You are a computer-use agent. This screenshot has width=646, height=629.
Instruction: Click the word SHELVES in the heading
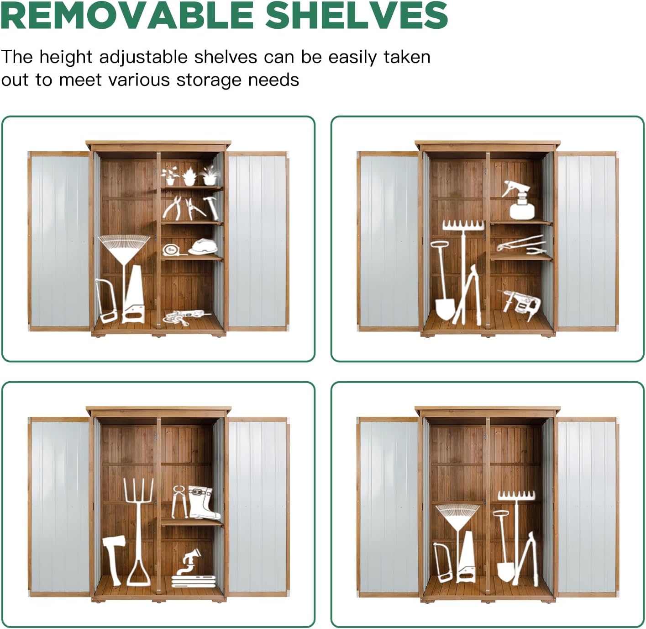point(357,15)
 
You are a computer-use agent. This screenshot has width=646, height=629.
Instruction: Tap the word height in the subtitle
point(66,57)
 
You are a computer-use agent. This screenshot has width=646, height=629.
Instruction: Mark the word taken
point(407,57)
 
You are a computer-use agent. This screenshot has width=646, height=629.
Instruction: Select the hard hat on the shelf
point(203,247)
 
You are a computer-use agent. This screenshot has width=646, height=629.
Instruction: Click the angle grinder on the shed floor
point(187,317)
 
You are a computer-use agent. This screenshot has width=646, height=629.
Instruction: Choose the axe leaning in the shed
point(114,560)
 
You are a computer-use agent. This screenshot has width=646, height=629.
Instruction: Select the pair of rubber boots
point(204,502)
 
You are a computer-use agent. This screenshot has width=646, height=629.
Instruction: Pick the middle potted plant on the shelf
point(189,176)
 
